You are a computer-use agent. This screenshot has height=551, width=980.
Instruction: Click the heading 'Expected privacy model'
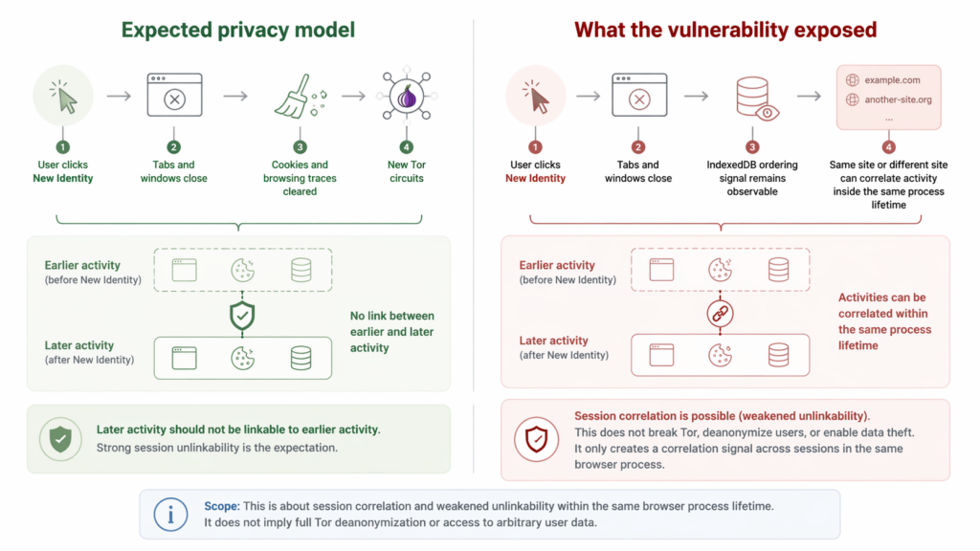click(237, 30)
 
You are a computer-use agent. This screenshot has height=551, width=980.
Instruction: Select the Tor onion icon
click(407, 97)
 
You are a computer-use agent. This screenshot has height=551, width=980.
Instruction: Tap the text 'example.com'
click(892, 80)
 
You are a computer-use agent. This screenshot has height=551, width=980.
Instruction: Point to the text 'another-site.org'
click(898, 99)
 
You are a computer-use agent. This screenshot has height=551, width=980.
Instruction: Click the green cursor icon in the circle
click(63, 97)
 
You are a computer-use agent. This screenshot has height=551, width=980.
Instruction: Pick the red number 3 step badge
click(753, 147)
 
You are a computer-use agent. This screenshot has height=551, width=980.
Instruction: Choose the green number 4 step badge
click(407, 147)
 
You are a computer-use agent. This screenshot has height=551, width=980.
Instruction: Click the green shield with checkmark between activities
click(242, 314)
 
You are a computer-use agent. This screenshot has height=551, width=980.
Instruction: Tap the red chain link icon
click(719, 313)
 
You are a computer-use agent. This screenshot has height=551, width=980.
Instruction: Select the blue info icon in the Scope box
click(170, 515)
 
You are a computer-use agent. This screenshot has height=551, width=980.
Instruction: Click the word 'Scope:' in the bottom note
click(222, 505)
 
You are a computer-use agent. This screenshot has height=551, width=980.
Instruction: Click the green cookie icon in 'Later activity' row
click(242, 358)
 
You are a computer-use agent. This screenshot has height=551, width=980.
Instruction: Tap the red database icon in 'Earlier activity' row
click(778, 270)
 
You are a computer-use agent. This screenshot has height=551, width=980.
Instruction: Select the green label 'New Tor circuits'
click(407, 171)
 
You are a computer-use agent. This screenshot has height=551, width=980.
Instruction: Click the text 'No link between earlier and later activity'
click(390, 331)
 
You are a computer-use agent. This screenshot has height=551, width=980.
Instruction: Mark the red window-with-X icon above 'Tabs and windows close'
click(639, 97)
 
